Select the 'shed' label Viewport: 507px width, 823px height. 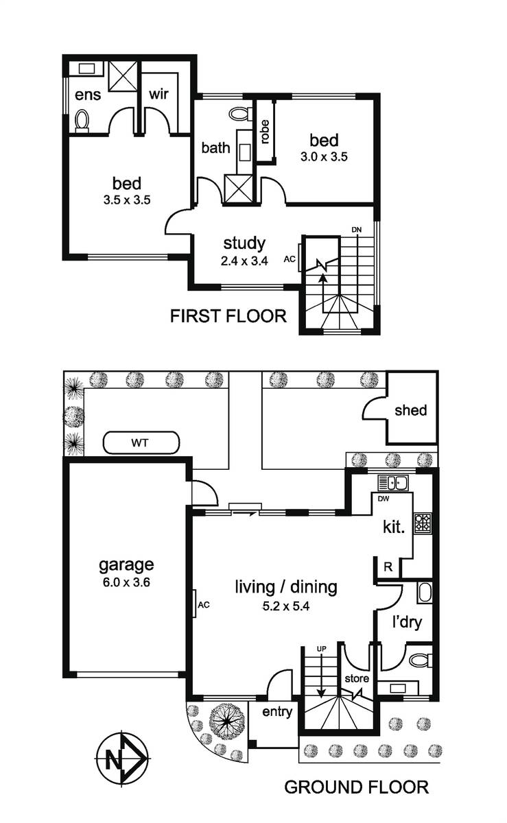tap(411, 410)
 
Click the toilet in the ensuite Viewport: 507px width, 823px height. tap(82, 121)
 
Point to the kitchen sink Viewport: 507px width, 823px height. tap(393, 483)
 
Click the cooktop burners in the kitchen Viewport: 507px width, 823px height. tap(423, 523)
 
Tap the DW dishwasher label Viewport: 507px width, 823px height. tap(384, 499)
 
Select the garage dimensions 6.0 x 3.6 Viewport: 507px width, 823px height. tap(126, 582)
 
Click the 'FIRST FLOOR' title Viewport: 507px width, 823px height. tap(228, 316)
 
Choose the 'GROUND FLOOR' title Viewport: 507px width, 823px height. tap(357, 787)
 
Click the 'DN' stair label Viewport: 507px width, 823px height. tap(356, 230)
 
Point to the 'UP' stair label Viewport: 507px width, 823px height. tap(321, 649)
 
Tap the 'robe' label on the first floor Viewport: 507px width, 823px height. tap(265, 132)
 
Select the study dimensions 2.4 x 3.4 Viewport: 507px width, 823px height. tap(244, 261)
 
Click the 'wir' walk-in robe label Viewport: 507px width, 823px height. tap(159, 94)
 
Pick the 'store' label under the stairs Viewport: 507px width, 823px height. tap(357, 678)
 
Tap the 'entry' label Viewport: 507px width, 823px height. tap(277, 712)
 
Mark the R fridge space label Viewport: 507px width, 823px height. tap(388, 567)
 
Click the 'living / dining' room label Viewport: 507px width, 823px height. tap(286, 587)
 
